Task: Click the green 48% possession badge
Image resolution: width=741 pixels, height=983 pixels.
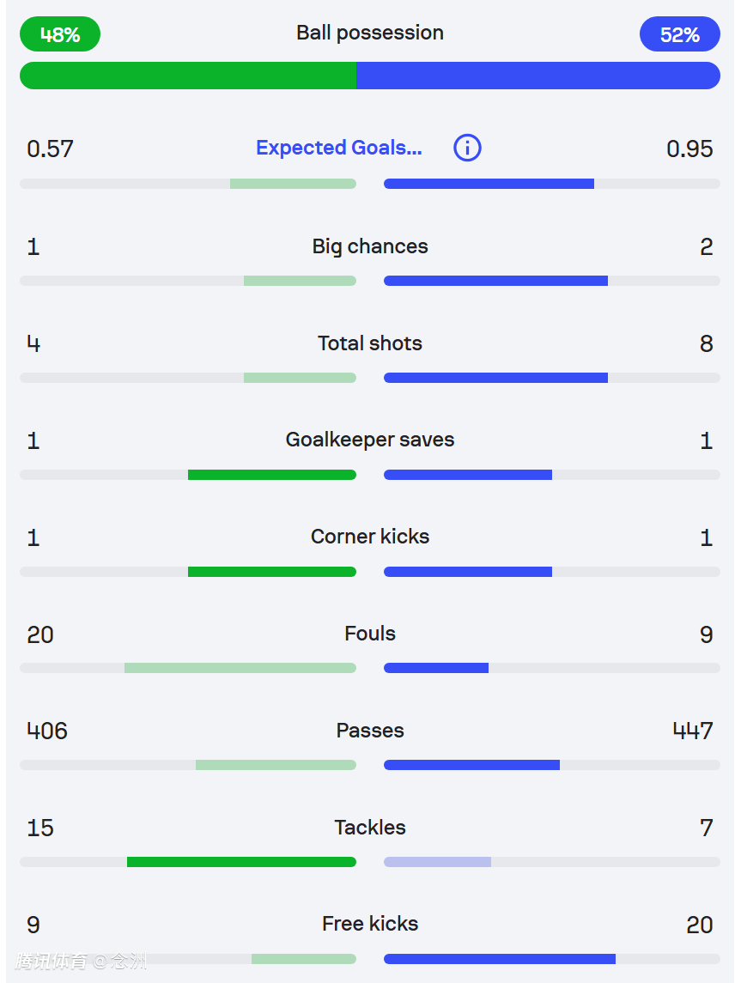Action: [60, 34]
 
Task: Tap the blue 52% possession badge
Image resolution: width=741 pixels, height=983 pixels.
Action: [679, 34]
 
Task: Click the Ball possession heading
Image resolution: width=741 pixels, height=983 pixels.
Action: [370, 33]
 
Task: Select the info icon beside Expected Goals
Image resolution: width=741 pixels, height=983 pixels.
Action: [467, 148]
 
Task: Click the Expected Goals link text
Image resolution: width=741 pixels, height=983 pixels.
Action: [339, 148]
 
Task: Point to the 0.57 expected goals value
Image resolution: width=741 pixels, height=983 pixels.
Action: [50, 149]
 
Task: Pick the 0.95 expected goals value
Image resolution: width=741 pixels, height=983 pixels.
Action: [689, 149]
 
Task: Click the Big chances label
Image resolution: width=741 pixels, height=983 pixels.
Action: [370, 246]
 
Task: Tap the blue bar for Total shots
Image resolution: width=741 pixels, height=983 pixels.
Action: [495, 378]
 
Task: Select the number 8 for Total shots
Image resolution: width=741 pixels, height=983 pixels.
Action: [706, 343]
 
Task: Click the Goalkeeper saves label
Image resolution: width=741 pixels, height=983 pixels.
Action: [370, 440]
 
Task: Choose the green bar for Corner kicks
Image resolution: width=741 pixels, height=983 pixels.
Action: [271, 572]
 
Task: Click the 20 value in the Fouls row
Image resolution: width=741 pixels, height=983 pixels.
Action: [40, 634]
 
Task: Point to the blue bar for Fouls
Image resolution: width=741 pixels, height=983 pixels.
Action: [436, 668]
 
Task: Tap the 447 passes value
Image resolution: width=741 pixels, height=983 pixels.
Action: [693, 731]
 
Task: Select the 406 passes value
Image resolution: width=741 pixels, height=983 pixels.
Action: [47, 731]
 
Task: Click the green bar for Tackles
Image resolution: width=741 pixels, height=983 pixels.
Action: [241, 862]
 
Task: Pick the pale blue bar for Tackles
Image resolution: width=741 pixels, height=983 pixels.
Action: [437, 862]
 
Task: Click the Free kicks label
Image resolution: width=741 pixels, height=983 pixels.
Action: [370, 924]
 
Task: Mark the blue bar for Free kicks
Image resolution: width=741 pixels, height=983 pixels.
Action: [500, 959]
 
